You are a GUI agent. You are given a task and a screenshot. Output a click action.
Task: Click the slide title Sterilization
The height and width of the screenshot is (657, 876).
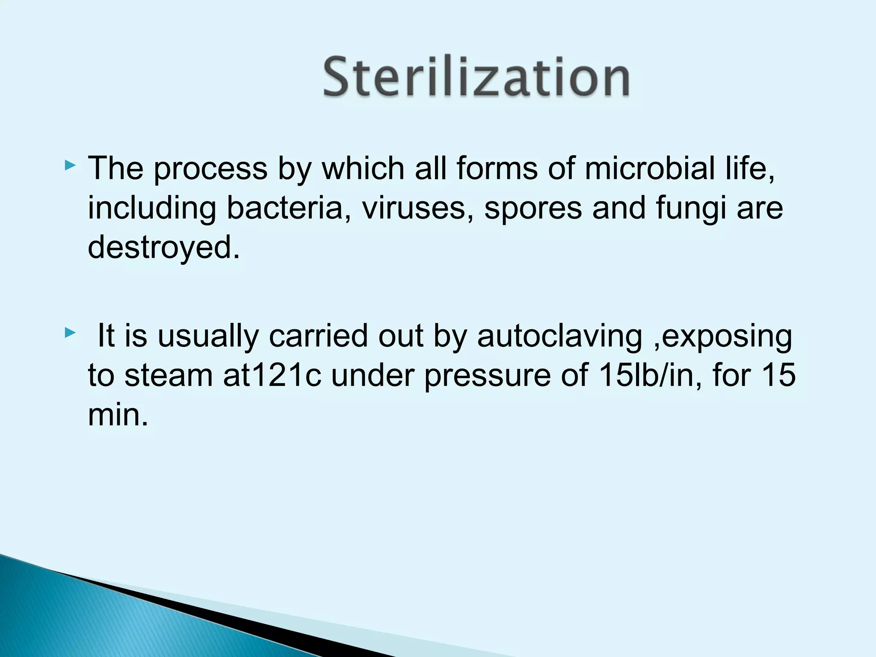click(476, 77)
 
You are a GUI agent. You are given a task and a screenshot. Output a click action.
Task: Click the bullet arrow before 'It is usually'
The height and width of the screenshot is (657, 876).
click(70, 332)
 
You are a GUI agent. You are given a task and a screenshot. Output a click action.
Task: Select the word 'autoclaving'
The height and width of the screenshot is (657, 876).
click(559, 336)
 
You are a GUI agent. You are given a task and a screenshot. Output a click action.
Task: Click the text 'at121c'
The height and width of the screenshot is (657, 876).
click(272, 375)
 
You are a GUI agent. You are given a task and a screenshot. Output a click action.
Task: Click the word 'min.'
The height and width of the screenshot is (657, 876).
click(118, 415)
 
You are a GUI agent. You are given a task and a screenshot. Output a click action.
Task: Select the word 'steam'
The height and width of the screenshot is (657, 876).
click(169, 375)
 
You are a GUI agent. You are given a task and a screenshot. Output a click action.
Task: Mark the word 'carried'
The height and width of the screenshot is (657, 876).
click(318, 335)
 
